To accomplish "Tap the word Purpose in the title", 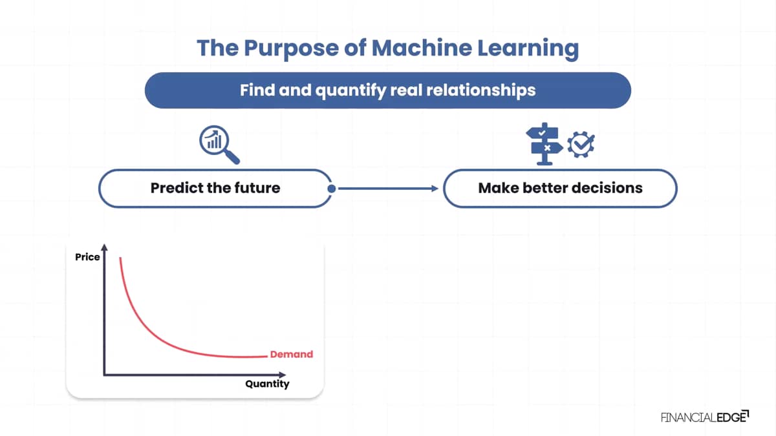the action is pyautogui.click(x=292, y=49).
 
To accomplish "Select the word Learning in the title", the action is pyautogui.click(x=528, y=49).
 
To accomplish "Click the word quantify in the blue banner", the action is pyautogui.click(x=350, y=90).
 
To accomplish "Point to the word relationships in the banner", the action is pyautogui.click(x=481, y=90).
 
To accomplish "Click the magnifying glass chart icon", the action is pyautogui.click(x=219, y=144).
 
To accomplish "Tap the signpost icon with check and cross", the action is pyautogui.click(x=544, y=143).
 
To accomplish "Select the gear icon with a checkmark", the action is pyautogui.click(x=581, y=144).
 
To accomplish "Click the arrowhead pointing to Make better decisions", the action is pyautogui.click(x=435, y=189).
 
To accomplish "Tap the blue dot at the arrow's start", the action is pyautogui.click(x=332, y=189).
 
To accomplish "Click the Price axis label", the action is pyautogui.click(x=87, y=257).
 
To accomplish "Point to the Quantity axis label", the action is pyautogui.click(x=267, y=384).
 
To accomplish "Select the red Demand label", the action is pyautogui.click(x=292, y=355).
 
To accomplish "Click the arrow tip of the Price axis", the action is pyautogui.click(x=104, y=244).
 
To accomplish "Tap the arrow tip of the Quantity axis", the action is pyautogui.click(x=285, y=375).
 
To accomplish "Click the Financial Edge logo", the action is pyautogui.click(x=705, y=417).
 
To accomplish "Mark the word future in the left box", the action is pyautogui.click(x=257, y=188).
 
